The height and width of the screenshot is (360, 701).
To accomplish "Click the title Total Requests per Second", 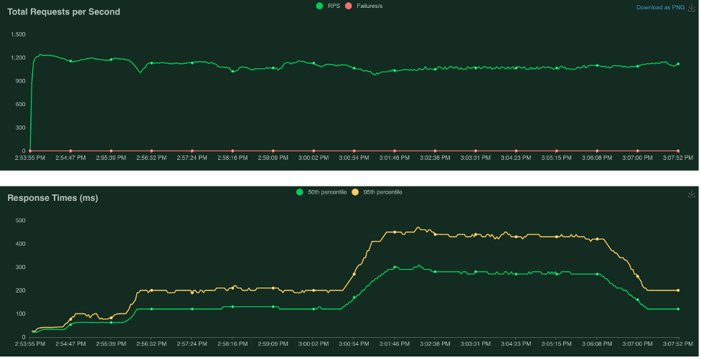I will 64,11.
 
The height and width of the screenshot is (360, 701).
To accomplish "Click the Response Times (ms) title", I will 52,197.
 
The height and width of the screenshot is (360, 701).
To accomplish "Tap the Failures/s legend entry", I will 367,6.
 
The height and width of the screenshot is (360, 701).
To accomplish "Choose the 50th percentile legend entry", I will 322,191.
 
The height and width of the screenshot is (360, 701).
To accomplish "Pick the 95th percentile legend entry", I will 378,191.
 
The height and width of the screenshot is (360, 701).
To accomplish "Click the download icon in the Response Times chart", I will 692,194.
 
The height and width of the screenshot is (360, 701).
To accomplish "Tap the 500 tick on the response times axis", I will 21,220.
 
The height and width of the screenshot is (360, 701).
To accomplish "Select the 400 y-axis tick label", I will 21,244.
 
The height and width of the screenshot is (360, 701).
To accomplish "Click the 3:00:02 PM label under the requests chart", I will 313,158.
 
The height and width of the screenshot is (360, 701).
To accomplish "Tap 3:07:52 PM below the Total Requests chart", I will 677,158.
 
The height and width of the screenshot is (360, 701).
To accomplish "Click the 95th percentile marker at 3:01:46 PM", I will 395,232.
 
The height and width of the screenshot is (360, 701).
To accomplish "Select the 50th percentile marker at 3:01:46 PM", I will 395,267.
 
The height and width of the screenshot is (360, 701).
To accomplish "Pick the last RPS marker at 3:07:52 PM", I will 678,64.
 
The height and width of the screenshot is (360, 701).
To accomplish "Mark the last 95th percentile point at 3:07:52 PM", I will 678,290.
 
